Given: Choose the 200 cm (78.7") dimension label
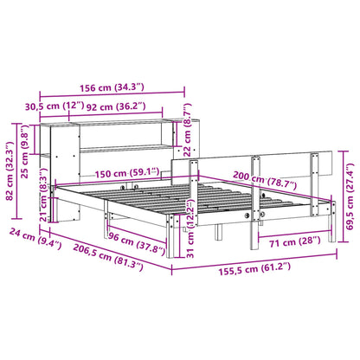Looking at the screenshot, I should click(x=260, y=183).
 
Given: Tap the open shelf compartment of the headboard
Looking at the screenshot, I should click(x=121, y=137).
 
